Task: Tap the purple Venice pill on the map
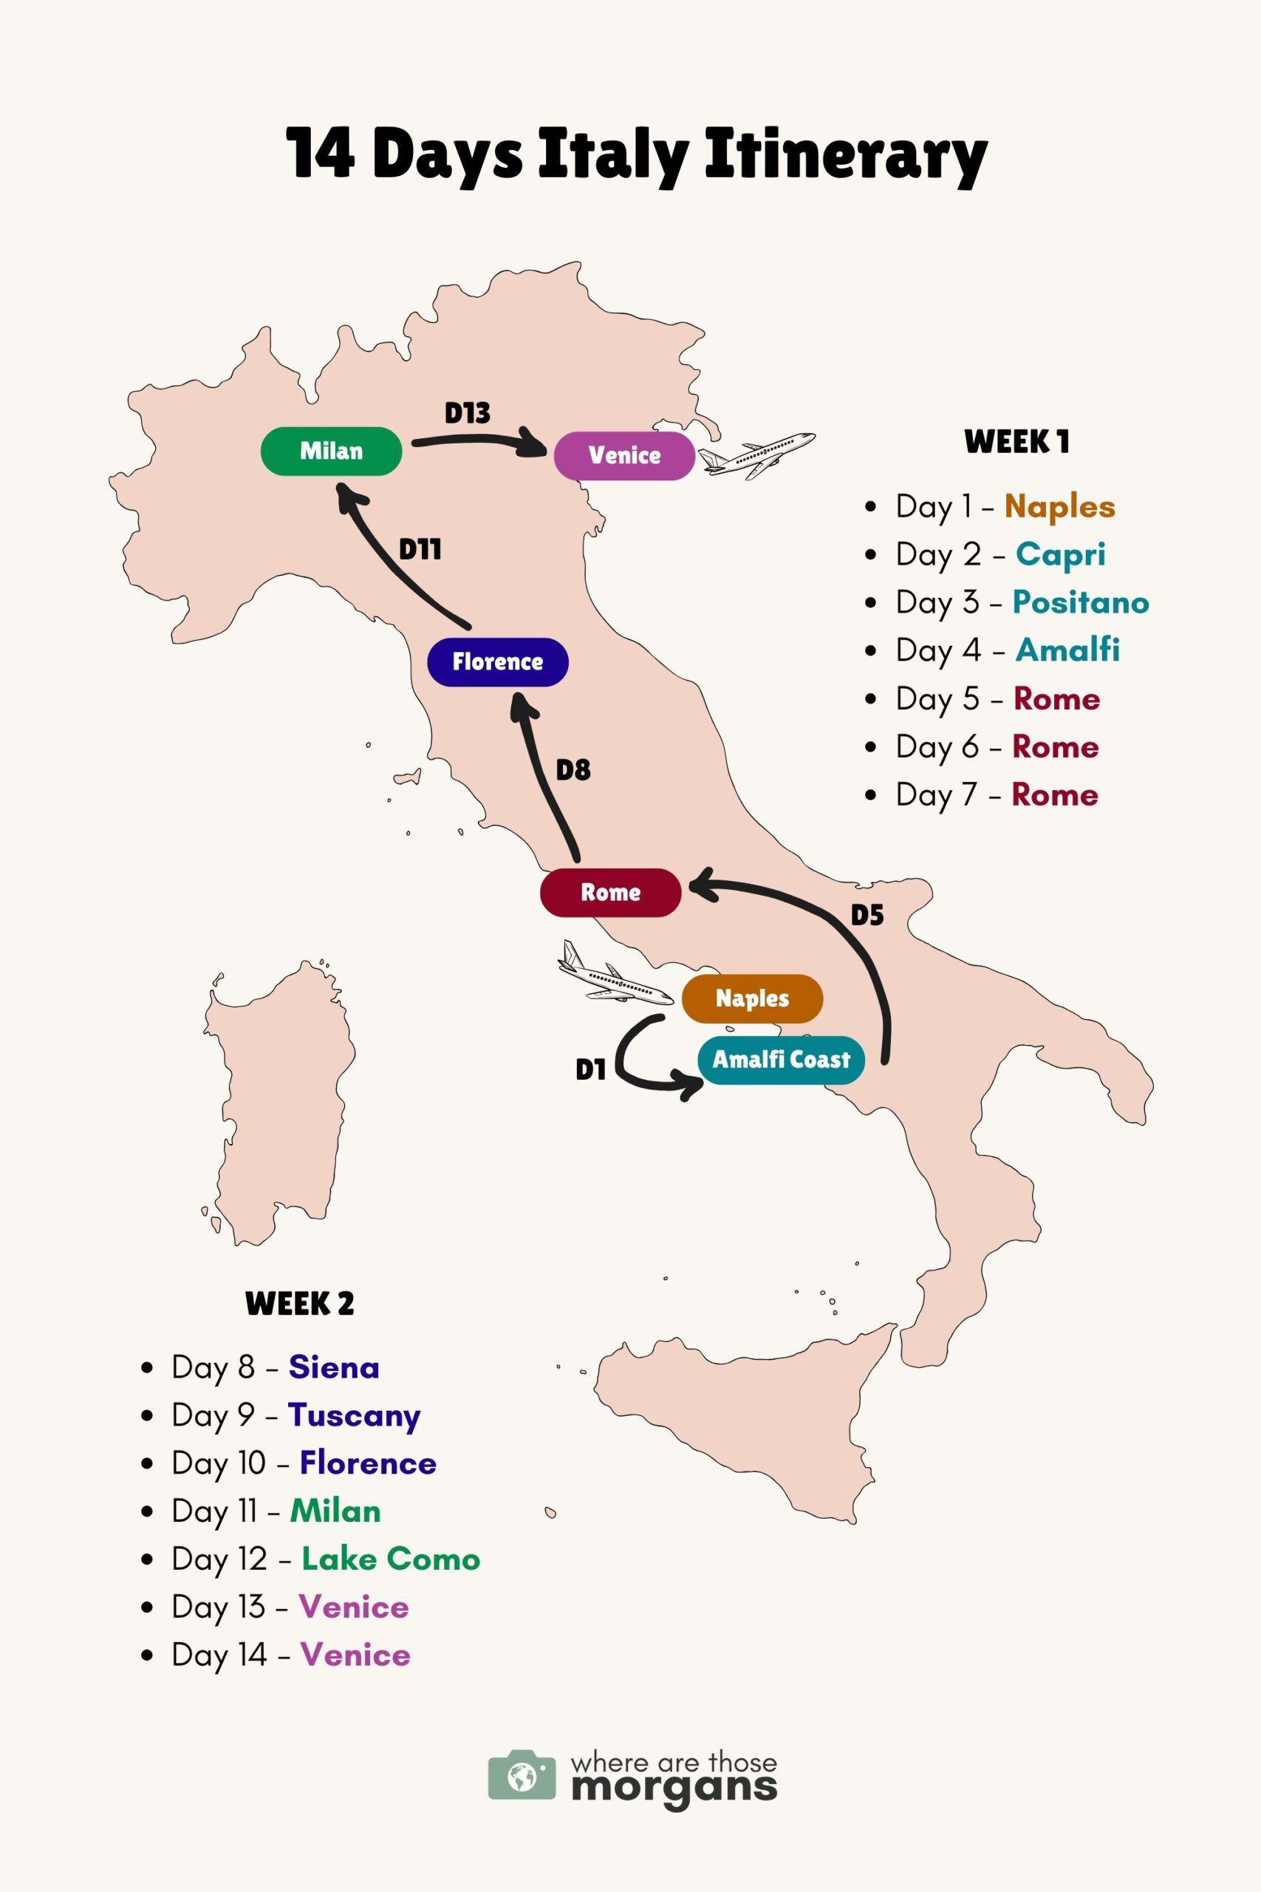pos(624,455)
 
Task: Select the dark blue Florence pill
pos(497,661)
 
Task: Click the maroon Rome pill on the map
pos(610,892)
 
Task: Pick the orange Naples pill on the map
pos(752,998)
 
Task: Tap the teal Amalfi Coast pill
pos(780,1059)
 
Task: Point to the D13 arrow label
pos(468,413)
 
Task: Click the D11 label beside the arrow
pos(420,550)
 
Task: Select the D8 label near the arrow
pos(573,771)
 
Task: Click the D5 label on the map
pos(867,916)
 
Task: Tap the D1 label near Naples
pos(590,1070)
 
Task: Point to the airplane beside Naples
pos(615,975)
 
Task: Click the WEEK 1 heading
pos(1016,442)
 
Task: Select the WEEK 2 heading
pos(299,1303)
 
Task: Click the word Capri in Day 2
pos(1060,554)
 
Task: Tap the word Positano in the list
pos(1080,602)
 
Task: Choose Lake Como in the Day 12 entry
pos(391,1559)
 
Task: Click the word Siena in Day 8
pos(334,1367)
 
